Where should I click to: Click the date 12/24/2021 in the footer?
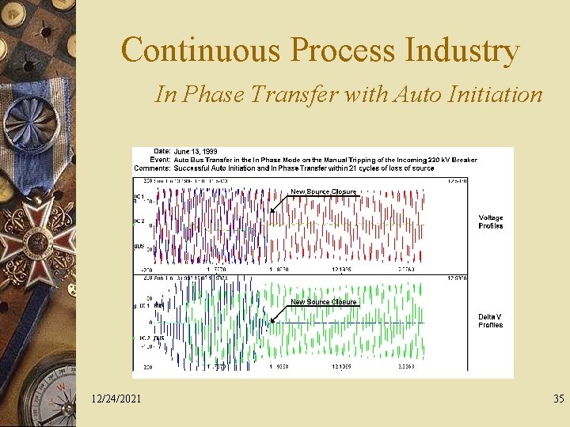point(116,398)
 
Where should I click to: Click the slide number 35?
point(558,398)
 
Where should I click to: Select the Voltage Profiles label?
point(490,221)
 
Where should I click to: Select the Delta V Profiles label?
point(490,320)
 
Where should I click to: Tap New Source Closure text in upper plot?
point(323,191)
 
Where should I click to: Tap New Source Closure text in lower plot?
point(323,301)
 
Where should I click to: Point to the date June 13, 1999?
point(195,151)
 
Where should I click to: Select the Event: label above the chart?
point(161,160)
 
